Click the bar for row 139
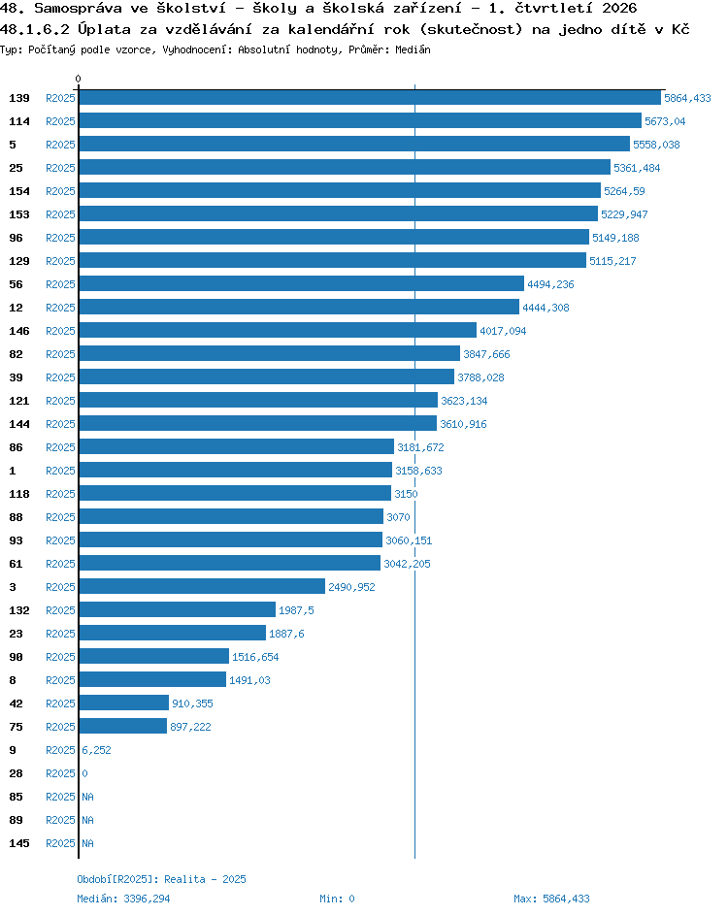tap(370, 98)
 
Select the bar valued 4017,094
tap(278, 331)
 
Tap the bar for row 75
tap(122, 726)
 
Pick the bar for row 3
tap(202, 586)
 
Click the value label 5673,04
tap(665, 121)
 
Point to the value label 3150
tap(406, 494)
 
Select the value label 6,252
tap(96, 750)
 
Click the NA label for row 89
tap(87, 820)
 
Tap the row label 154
tap(19, 191)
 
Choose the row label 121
tap(19, 401)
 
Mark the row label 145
tap(19, 843)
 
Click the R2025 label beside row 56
tap(61, 284)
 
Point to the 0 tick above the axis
tap(79, 79)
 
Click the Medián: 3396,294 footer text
tap(123, 899)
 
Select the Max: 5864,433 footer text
tap(551, 899)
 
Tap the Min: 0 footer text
tap(337, 899)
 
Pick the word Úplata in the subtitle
tap(105, 29)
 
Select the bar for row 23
tap(173, 634)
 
